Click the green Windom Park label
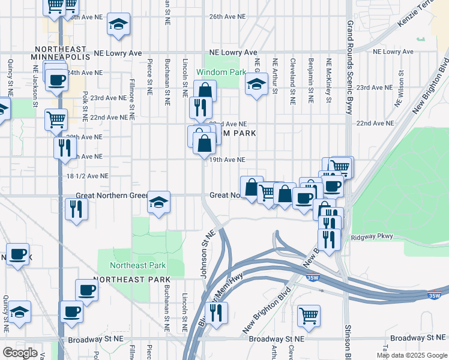(221, 72)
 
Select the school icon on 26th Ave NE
(118, 25)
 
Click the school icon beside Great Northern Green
(159, 203)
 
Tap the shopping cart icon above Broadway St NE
(309, 315)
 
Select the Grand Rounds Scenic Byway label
(349, 66)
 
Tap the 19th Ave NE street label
(227, 160)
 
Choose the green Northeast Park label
(137, 265)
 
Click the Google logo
(20, 353)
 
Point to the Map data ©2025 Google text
(411, 355)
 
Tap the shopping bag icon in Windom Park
(205, 91)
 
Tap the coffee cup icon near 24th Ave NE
(57, 80)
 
